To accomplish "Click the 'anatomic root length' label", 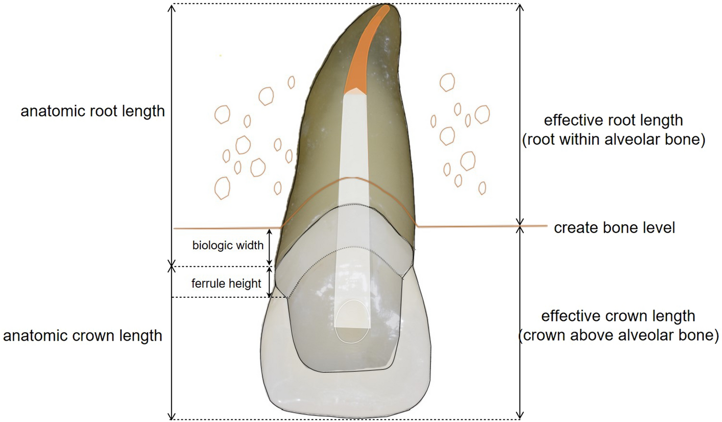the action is pyautogui.click(x=92, y=111).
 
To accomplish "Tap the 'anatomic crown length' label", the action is pyautogui.click(x=83, y=336).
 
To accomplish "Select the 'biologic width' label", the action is pyautogui.click(x=228, y=245).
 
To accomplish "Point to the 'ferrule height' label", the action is pyautogui.click(x=226, y=283).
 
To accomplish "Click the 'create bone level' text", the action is pyautogui.click(x=614, y=228).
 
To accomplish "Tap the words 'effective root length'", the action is pyautogui.click(x=613, y=121).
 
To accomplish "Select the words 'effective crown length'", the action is pyautogui.click(x=618, y=316).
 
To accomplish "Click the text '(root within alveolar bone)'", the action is pyautogui.click(x=613, y=140).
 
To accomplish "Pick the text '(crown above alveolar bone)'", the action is pyautogui.click(x=618, y=335).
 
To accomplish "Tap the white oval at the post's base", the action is pyautogui.click(x=352, y=321).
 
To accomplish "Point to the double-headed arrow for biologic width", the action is pyautogui.click(x=270, y=246).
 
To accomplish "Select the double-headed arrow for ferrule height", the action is pyautogui.click(x=270, y=282).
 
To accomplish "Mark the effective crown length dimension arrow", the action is pyautogui.click(x=520, y=322).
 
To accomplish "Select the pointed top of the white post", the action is pyautogui.click(x=356, y=91).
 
